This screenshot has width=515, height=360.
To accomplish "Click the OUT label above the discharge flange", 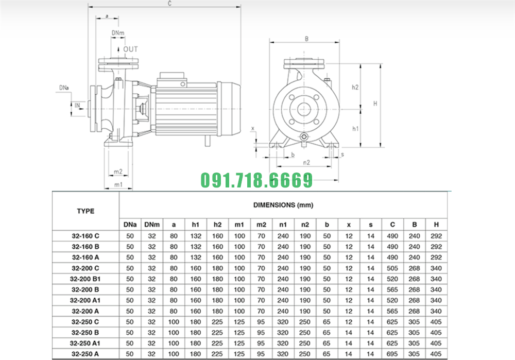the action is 130,49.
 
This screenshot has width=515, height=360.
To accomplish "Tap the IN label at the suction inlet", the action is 77,106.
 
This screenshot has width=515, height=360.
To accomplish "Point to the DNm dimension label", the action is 118,33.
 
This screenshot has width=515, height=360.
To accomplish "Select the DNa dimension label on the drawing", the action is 64,88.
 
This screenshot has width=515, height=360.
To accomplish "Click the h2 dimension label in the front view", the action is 355,87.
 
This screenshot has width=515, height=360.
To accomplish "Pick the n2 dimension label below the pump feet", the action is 306,163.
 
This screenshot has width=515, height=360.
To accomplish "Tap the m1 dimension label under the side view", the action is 118,184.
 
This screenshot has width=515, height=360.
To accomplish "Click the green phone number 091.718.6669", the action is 256,180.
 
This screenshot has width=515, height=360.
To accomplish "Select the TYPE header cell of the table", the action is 85,211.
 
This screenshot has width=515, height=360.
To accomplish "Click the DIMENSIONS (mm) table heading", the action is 283,205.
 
